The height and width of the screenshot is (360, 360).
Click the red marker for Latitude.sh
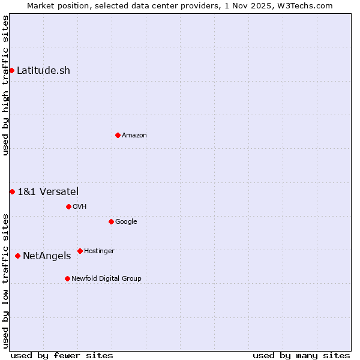tap(11, 71)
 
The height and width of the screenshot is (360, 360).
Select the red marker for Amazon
tap(118, 135)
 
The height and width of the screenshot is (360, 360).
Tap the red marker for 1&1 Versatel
tap(12, 191)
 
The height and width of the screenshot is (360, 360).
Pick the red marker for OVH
tap(68, 206)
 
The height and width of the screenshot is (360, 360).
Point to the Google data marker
tap(111, 221)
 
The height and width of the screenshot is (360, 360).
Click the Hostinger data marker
tap(80, 251)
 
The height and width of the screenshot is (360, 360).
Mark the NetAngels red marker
tap(17, 256)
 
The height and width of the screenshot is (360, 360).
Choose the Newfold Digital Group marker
tap(67, 278)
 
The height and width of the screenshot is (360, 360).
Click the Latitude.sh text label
tap(43, 71)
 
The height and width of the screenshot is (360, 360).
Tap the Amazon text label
tap(134, 135)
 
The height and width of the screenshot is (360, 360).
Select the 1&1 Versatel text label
tap(48, 191)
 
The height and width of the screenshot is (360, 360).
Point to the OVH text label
tap(80, 206)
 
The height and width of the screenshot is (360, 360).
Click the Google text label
tap(126, 221)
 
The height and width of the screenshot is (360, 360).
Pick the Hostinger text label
tap(99, 251)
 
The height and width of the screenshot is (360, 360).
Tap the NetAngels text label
tap(47, 256)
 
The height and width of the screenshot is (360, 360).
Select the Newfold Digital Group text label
tap(106, 278)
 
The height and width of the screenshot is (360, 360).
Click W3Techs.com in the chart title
tap(310, 5)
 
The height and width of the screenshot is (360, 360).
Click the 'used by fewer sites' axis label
tap(62, 355)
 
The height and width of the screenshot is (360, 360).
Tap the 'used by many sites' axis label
tap(301, 355)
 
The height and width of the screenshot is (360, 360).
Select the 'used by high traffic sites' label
tap(5, 85)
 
